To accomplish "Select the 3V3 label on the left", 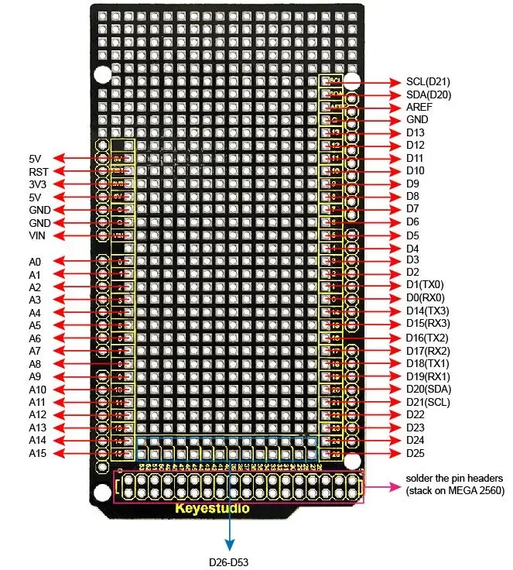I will point(38,184).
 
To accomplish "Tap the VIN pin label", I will point(38,235).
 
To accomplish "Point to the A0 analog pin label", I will point(35,262).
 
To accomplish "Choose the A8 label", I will point(35,364).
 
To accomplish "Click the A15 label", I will point(37,454).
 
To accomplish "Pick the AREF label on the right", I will point(419,107).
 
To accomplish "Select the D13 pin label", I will point(414,133).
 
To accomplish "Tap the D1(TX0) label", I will point(425,285).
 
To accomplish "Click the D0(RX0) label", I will point(426,297).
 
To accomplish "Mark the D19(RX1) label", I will point(428,376).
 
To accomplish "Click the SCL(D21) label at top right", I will point(428,81).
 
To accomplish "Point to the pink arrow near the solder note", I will point(382,487).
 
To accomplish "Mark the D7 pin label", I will point(412,209).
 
